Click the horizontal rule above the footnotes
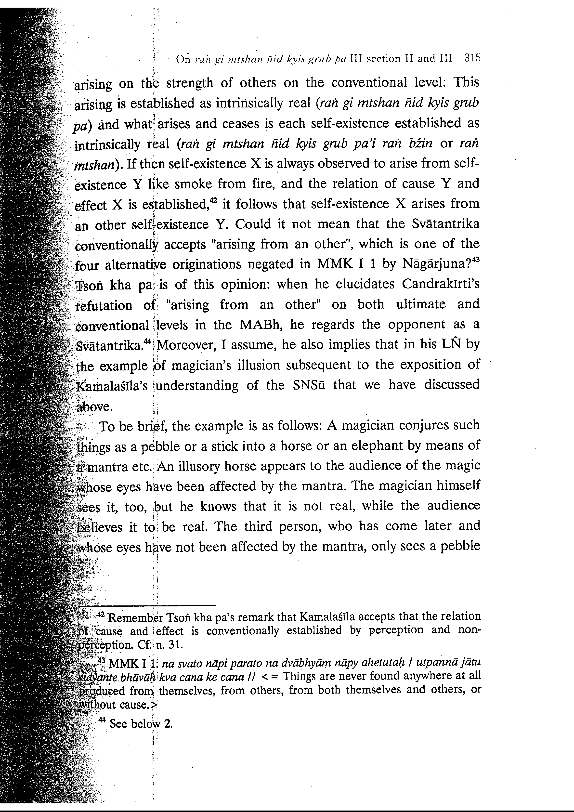pyautogui.click(x=146, y=605)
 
